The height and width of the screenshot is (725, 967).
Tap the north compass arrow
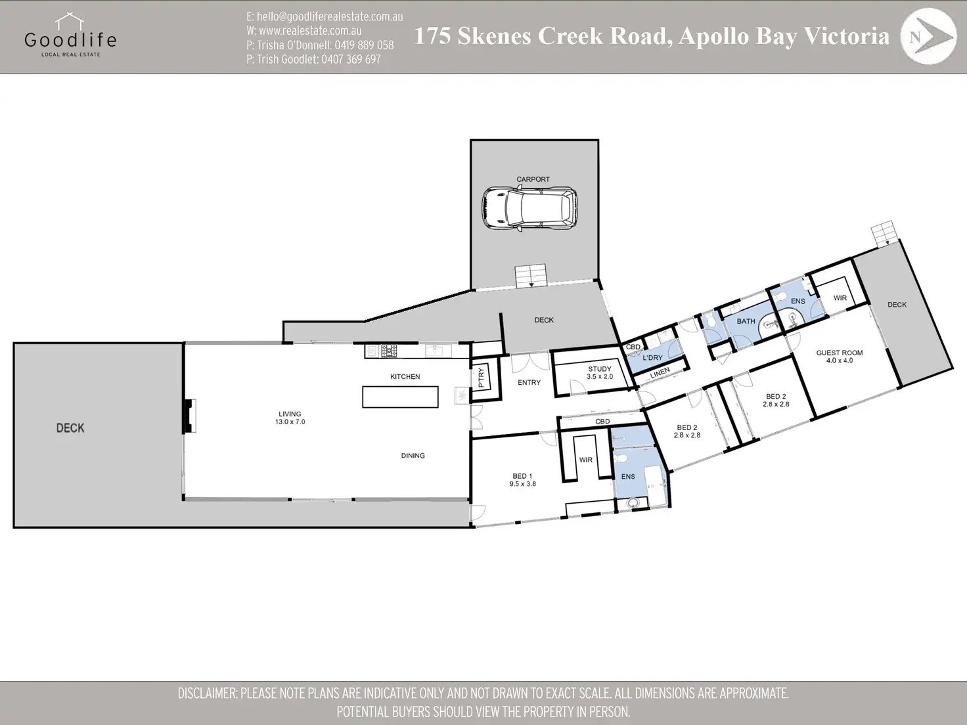coord(933,37)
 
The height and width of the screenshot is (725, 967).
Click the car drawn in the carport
coord(529,209)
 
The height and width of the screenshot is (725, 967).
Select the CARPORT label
coord(533,179)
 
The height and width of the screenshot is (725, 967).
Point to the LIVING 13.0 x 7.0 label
coord(290,418)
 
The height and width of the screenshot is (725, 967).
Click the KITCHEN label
coord(405,377)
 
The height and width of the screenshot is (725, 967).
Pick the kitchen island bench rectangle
coord(400,397)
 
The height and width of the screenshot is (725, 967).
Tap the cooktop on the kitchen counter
coord(388,351)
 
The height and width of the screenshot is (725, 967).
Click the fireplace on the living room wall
coord(190,416)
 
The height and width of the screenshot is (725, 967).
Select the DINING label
coord(413,456)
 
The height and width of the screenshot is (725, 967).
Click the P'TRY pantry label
coord(481,378)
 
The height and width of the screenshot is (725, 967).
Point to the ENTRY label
coord(529,382)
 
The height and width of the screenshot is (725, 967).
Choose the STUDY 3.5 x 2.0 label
coord(600,373)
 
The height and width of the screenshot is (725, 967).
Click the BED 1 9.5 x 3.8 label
coord(522,480)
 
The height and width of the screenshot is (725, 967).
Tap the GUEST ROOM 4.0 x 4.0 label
coord(840,357)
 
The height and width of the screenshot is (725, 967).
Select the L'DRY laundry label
coord(652,358)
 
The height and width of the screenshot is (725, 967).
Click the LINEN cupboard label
coord(660,373)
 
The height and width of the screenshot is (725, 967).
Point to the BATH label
coord(746,321)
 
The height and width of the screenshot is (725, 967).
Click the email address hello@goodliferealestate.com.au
coord(325,16)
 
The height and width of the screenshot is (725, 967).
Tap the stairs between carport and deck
coord(531,276)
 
